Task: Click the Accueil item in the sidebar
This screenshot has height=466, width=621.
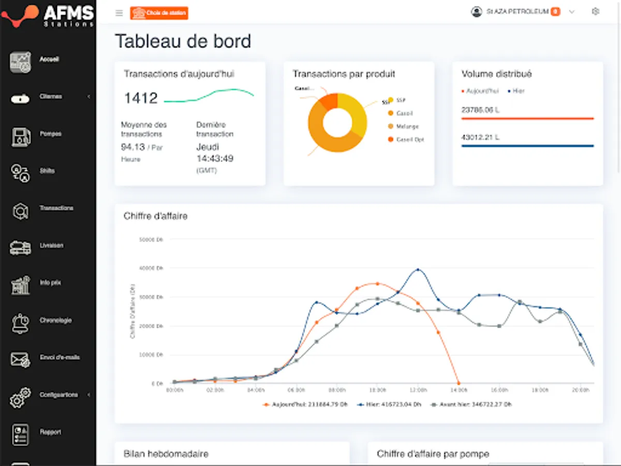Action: point(49,60)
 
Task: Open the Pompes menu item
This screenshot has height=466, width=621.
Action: point(50,134)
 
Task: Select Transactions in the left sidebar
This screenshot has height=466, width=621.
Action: point(56,208)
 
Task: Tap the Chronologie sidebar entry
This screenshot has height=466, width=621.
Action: point(55,321)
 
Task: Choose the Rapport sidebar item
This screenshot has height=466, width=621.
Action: point(50,432)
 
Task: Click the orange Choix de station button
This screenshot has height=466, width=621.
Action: point(159,13)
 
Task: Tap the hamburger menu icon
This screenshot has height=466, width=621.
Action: point(119,13)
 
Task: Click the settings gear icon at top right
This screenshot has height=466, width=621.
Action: point(595,11)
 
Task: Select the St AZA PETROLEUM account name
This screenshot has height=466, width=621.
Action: point(517,11)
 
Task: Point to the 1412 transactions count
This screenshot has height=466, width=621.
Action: point(141,98)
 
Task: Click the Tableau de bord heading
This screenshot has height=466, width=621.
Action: point(183,41)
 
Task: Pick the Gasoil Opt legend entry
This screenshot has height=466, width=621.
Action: point(410,140)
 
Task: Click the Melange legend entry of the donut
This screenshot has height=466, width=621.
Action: point(407,126)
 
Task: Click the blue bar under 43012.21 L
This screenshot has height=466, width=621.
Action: point(527,146)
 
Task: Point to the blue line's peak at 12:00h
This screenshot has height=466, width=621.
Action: point(418,270)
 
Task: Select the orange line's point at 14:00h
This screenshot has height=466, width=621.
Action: point(458,383)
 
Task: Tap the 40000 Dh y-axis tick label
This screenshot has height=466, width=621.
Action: point(152,268)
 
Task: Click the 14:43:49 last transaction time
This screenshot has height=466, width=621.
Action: point(215,158)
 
